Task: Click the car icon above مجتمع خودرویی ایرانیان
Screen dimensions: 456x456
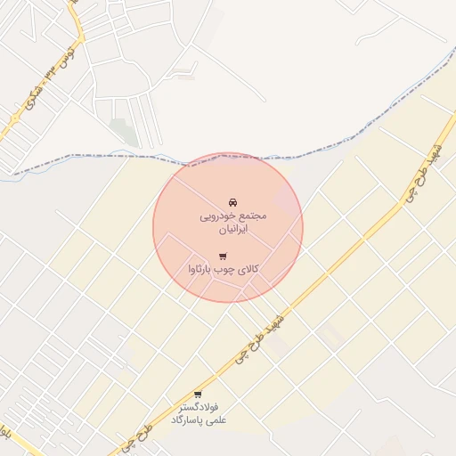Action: click(x=233, y=201)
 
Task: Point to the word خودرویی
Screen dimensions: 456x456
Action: click(x=218, y=216)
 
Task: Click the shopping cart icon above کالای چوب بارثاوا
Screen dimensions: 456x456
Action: click(x=222, y=256)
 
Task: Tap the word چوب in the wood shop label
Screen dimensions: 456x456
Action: click(x=228, y=269)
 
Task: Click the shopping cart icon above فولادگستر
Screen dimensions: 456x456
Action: click(x=198, y=395)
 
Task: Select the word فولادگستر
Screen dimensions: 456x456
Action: click(x=198, y=407)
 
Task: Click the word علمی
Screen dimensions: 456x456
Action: click(x=216, y=419)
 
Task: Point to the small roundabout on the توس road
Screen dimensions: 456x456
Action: click(x=14, y=118)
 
